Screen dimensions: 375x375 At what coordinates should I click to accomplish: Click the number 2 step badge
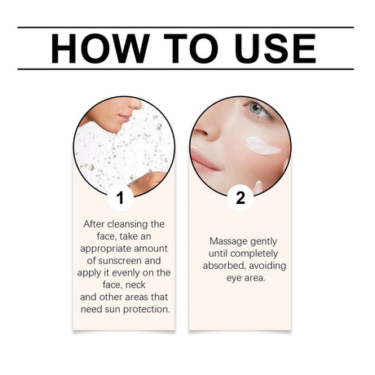coord(240,197)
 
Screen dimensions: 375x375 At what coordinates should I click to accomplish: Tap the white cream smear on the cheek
coord(262,147)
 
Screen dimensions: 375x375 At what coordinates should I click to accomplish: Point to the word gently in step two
coord(268,241)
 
